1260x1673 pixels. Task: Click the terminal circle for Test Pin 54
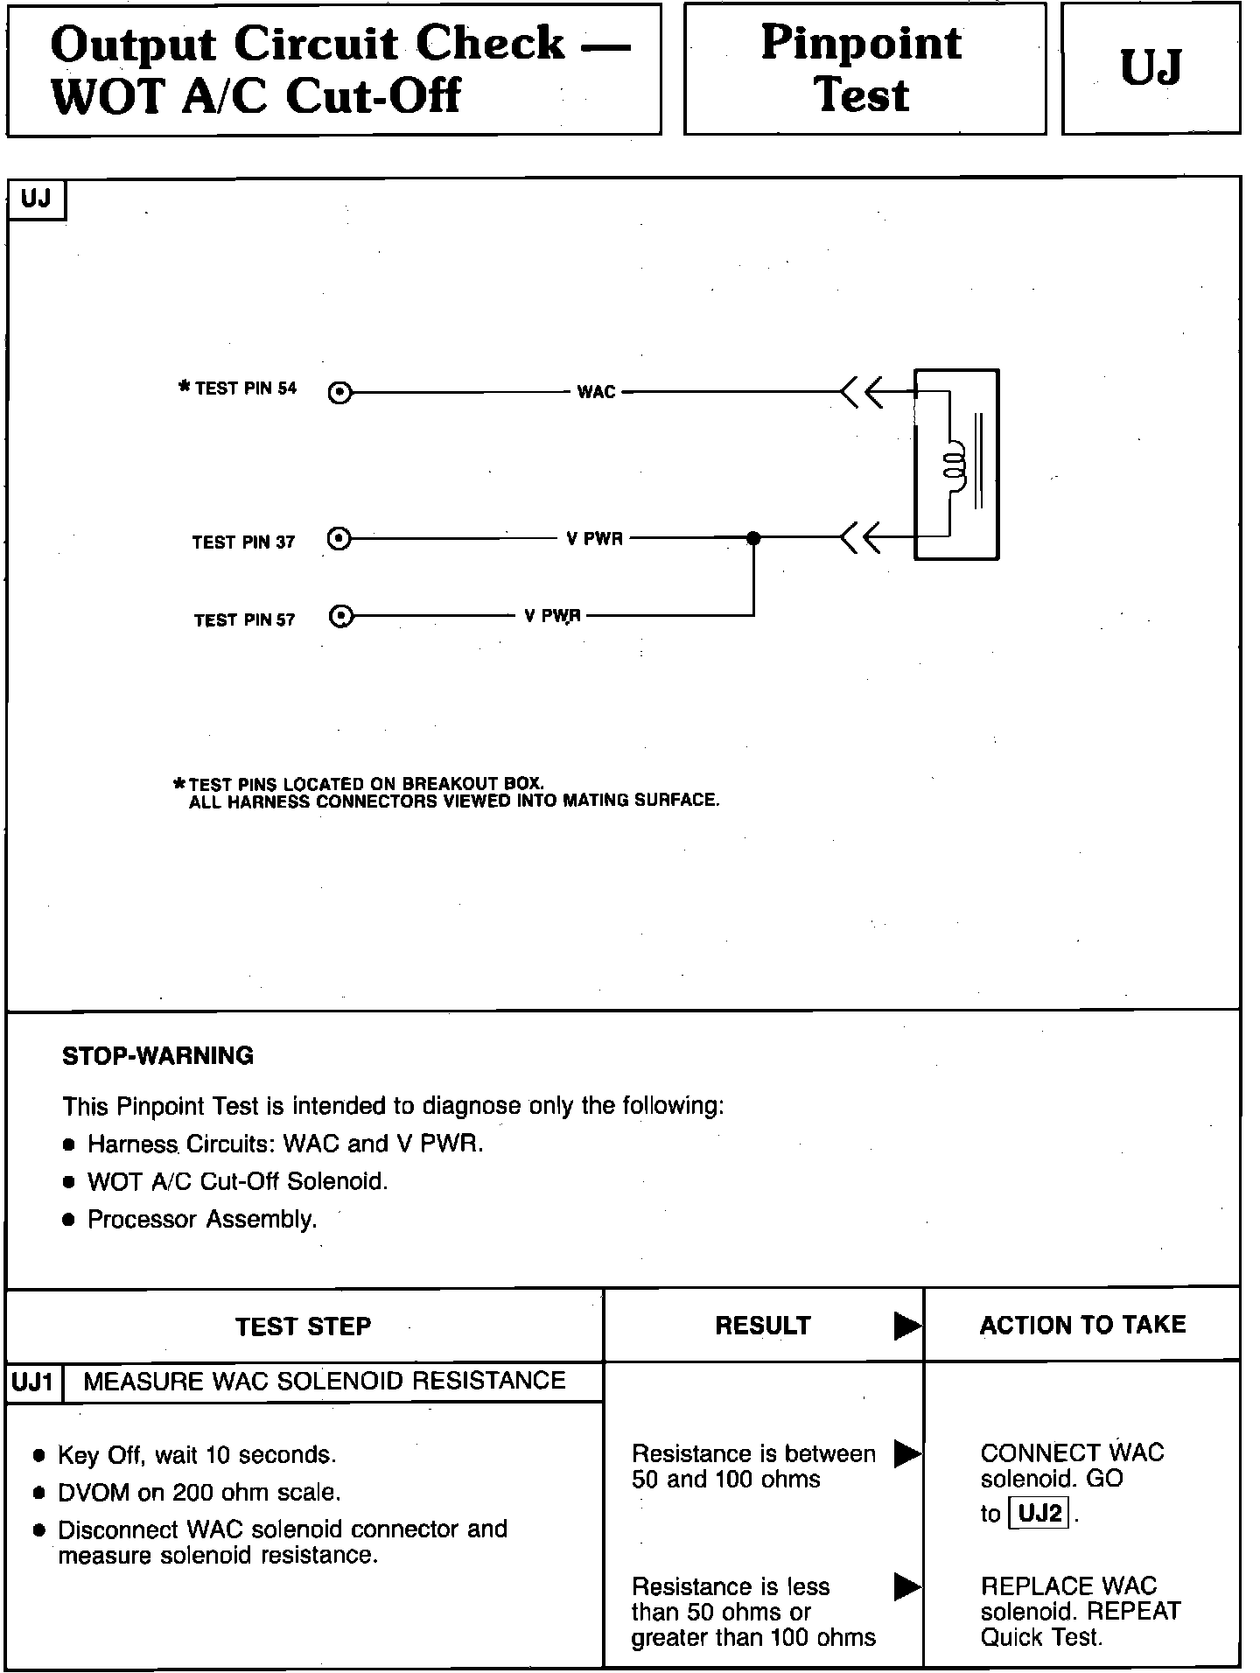click(x=339, y=394)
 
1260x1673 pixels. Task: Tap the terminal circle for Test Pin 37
click(x=339, y=538)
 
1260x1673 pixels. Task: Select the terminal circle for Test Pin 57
click(x=341, y=617)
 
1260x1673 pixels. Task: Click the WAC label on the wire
click(x=597, y=392)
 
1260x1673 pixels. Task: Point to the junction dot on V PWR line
click(x=753, y=538)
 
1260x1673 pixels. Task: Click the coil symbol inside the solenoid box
click(x=954, y=464)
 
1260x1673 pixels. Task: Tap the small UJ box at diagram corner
click(x=36, y=199)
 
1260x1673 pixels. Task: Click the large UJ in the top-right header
click(x=1151, y=68)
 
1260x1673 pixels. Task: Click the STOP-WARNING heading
click(x=157, y=1056)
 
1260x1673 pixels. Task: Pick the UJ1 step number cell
click(x=34, y=1382)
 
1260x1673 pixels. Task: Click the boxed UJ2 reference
click(x=1040, y=1513)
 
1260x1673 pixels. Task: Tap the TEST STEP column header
click(x=303, y=1326)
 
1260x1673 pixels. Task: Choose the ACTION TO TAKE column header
click(x=1082, y=1325)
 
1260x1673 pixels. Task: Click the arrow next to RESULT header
click(x=907, y=1327)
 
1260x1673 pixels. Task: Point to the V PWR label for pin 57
click(x=552, y=616)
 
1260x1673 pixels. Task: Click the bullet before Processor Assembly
click(x=70, y=1221)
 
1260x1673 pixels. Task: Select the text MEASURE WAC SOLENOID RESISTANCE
click(x=324, y=1381)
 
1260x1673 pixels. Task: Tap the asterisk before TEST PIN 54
click(x=184, y=386)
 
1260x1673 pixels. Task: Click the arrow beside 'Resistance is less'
click(x=907, y=1586)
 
